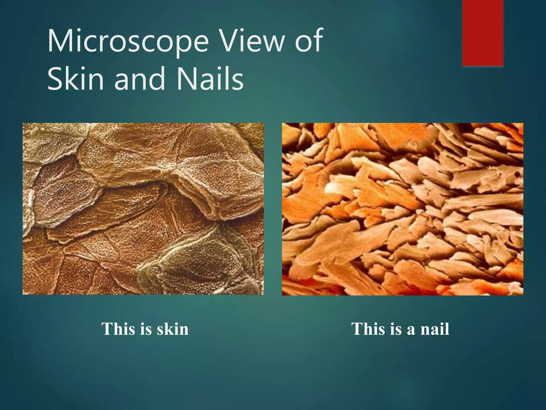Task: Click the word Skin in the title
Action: [x=75, y=79]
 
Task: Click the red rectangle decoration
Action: [x=483, y=33]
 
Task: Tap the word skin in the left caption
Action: [x=172, y=329]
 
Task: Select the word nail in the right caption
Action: [x=435, y=329]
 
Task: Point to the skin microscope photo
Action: [x=143, y=209]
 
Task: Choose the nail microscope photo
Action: [x=403, y=209]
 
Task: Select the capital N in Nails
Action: [x=186, y=79]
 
